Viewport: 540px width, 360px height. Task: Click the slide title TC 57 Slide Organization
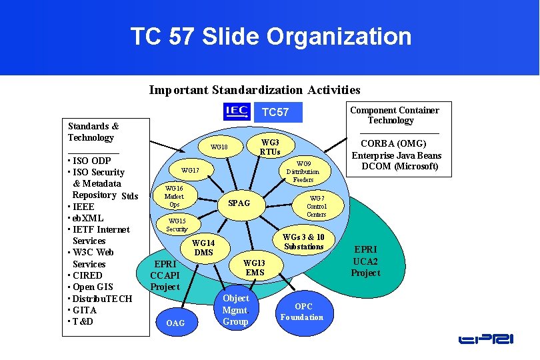[x=271, y=37]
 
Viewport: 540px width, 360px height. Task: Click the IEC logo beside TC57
[x=236, y=111]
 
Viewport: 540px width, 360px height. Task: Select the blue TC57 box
[x=275, y=112]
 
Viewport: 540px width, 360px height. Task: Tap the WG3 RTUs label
[x=269, y=147]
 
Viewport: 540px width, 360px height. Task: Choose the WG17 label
[x=190, y=171]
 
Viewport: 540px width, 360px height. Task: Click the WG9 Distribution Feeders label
[x=303, y=171]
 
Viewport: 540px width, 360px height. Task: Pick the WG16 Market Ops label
[x=174, y=197]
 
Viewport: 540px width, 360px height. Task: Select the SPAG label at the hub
[x=239, y=203]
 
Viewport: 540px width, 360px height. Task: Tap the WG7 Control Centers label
[x=316, y=206]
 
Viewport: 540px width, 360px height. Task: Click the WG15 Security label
[x=177, y=225]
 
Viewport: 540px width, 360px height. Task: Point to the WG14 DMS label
[x=203, y=248]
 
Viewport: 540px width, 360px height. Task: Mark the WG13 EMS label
[x=255, y=267]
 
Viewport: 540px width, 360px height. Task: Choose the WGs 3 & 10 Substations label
[x=303, y=242]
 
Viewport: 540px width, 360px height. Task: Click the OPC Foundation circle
[x=301, y=312]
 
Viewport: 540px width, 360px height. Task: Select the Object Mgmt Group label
[x=235, y=310]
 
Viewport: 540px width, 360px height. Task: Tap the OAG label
[x=175, y=323]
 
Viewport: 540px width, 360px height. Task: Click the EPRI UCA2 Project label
[x=365, y=261]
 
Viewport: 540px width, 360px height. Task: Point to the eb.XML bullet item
[x=87, y=218]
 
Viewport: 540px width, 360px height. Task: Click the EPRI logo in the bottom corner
[x=486, y=339]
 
